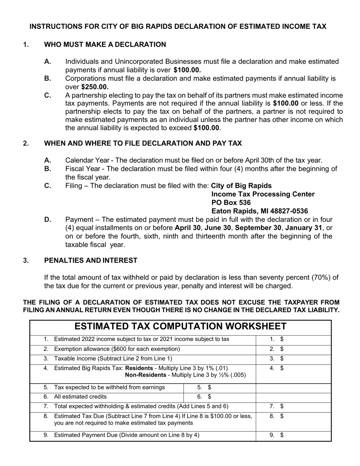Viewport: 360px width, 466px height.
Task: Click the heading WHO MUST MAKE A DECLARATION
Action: [105, 45]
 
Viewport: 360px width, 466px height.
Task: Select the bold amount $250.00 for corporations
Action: [95, 87]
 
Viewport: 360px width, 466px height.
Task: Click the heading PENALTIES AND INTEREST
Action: [91, 260]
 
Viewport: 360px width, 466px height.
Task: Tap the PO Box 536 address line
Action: [231, 203]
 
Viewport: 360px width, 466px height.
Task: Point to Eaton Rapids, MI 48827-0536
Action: [259, 211]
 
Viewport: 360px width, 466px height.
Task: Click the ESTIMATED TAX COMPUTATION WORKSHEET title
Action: [180, 327]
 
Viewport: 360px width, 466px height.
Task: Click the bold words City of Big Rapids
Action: [241, 186]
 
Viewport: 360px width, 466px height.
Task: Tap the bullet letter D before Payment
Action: [48, 220]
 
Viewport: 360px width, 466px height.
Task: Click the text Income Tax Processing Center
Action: [263, 194]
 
